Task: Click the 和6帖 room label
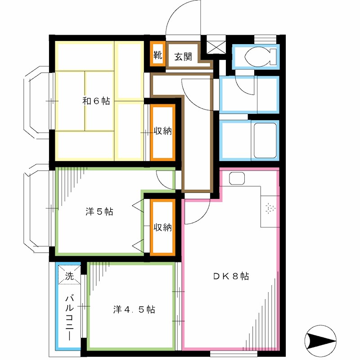pyautogui.click(x=95, y=101)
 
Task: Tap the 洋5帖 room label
pyautogui.click(x=99, y=211)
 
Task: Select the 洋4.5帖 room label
pyautogui.click(x=134, y=310)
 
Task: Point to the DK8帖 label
pyautogui.click(x=231, y=276)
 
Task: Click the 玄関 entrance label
pyautogui.click(x=184, y=57)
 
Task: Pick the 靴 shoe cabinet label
pyautogui.click(x=157, y=56)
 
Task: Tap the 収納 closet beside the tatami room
pyautogui.click(x=162, y=132)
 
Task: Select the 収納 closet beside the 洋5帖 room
pyautogui.click(x=162, y=227)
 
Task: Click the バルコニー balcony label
pyautogui.click(x=70, y=317)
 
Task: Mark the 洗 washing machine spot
pyautogui.click(x=69, y=276)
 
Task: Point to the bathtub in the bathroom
pyautogui.click(x=265, y=139)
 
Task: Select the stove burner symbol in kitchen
pyautogui.click(x=270, y=209)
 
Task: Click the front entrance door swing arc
pyautogui.click(x=183, y=18)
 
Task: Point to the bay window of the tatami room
pyautogui.click(x=38, y=101)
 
